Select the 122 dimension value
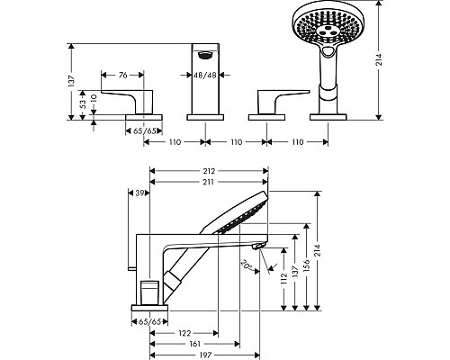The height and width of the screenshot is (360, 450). click(x=184, y=331)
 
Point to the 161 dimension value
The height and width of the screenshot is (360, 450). click(x=194, y=344)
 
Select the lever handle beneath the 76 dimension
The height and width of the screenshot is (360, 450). click(x=122, y=99)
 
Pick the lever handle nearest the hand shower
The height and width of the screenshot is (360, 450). click(x=278, y=99)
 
